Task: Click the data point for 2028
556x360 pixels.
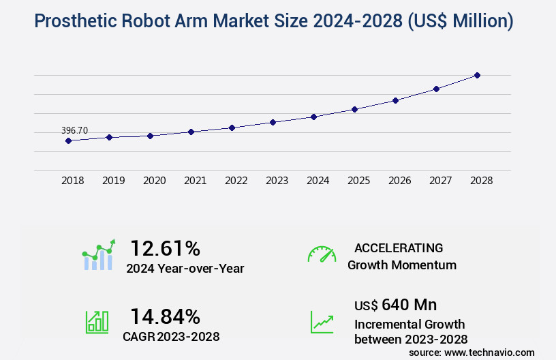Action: (477, 75)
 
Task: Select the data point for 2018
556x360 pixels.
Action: (68, 140)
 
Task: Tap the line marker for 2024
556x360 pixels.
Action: (313, 117)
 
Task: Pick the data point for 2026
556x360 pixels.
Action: (395, 100)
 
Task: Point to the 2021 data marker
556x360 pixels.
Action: (191, 132)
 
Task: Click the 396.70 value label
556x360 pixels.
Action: (74, 130)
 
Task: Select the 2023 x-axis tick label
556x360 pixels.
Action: (277, 181)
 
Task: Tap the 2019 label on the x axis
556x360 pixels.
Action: (113, 181)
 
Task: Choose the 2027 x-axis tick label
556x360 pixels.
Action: (440, 181)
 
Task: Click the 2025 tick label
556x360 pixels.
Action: (358, 181)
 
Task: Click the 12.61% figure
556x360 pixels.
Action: (165, 248)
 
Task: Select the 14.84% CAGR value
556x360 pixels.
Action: (165, 317)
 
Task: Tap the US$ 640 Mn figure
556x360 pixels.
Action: (395, 304)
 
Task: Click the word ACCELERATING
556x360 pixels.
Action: (399, 247)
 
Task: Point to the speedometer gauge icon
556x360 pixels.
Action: (322, 254)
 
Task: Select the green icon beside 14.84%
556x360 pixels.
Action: (97, 322)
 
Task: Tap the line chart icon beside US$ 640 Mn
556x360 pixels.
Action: (322, 322)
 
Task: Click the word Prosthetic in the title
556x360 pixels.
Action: (76, 20)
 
